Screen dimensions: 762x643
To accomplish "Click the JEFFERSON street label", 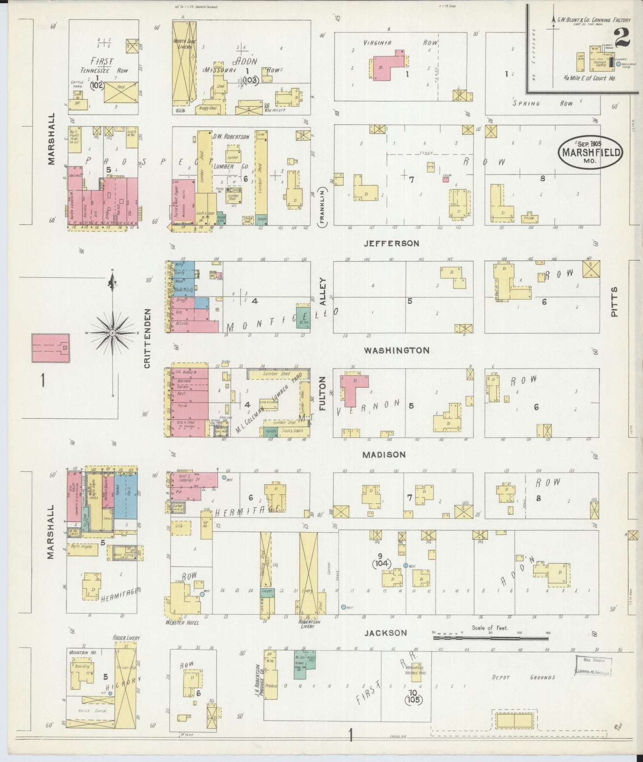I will pyautogui.click(x=391, y=244).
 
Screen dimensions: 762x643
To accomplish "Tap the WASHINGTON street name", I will pyautogui.click(x=396, y=350).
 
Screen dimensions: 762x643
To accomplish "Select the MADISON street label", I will pyautogui.click(x=384, y=454).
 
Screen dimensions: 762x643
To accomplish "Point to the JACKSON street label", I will pyautogui.click(x=385, y=633).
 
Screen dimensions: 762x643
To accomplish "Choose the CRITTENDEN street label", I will pyautogui.click(x=147, y=338).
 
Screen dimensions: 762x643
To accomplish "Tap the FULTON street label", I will pyautogui.click(x=322, y=392).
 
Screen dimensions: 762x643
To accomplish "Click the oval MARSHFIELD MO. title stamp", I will pyautogui.click(x=590, y=152).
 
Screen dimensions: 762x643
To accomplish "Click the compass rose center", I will pyautogui.click(x=113, y=333).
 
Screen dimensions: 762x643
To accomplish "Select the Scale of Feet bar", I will pyautogui.click(x=490, y=638).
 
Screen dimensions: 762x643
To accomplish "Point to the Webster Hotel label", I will pyautogui.click(x=182, y=622).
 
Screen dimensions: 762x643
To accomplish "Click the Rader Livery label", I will pyautogui.click(x=126, y=638).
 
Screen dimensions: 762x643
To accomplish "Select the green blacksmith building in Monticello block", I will pyautogui.click(x=303, y=317).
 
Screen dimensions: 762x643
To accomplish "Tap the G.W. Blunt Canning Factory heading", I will pyautogui.click(x=594, y=20).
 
